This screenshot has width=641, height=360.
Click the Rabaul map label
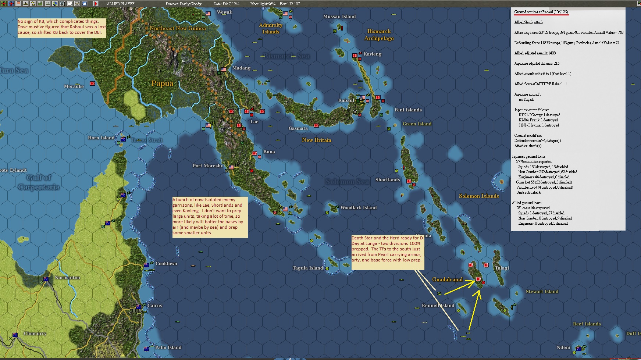click(346, 100)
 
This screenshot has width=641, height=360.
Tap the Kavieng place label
click(372, 54)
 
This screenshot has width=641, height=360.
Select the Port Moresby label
click(207, 166)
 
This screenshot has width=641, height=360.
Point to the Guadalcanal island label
click(447, 279)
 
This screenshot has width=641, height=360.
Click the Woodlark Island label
click(358, 208)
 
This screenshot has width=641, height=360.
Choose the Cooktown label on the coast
click(166, 264)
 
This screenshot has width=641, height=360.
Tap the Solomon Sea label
click(347, 182)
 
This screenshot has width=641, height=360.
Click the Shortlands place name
click(387, 180)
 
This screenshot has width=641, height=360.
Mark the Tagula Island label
click(307, 268)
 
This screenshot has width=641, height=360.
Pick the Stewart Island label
click(542, 292)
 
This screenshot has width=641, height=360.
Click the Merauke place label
click(74, 86)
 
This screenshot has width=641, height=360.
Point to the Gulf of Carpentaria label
click(39, 182)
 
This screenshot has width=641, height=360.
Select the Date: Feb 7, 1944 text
click(226, 4)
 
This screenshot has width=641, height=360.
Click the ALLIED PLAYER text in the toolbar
click(121, 4)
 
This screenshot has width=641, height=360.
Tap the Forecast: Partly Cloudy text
click(184, 4)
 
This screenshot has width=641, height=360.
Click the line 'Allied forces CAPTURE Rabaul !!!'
click(540, 84)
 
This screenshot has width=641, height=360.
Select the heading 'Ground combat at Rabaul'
click(541, 12)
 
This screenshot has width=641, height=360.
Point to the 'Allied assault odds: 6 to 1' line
click(542, 74)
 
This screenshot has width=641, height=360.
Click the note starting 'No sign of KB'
click(62, 27)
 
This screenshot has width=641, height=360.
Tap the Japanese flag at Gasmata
click(316, 125)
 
